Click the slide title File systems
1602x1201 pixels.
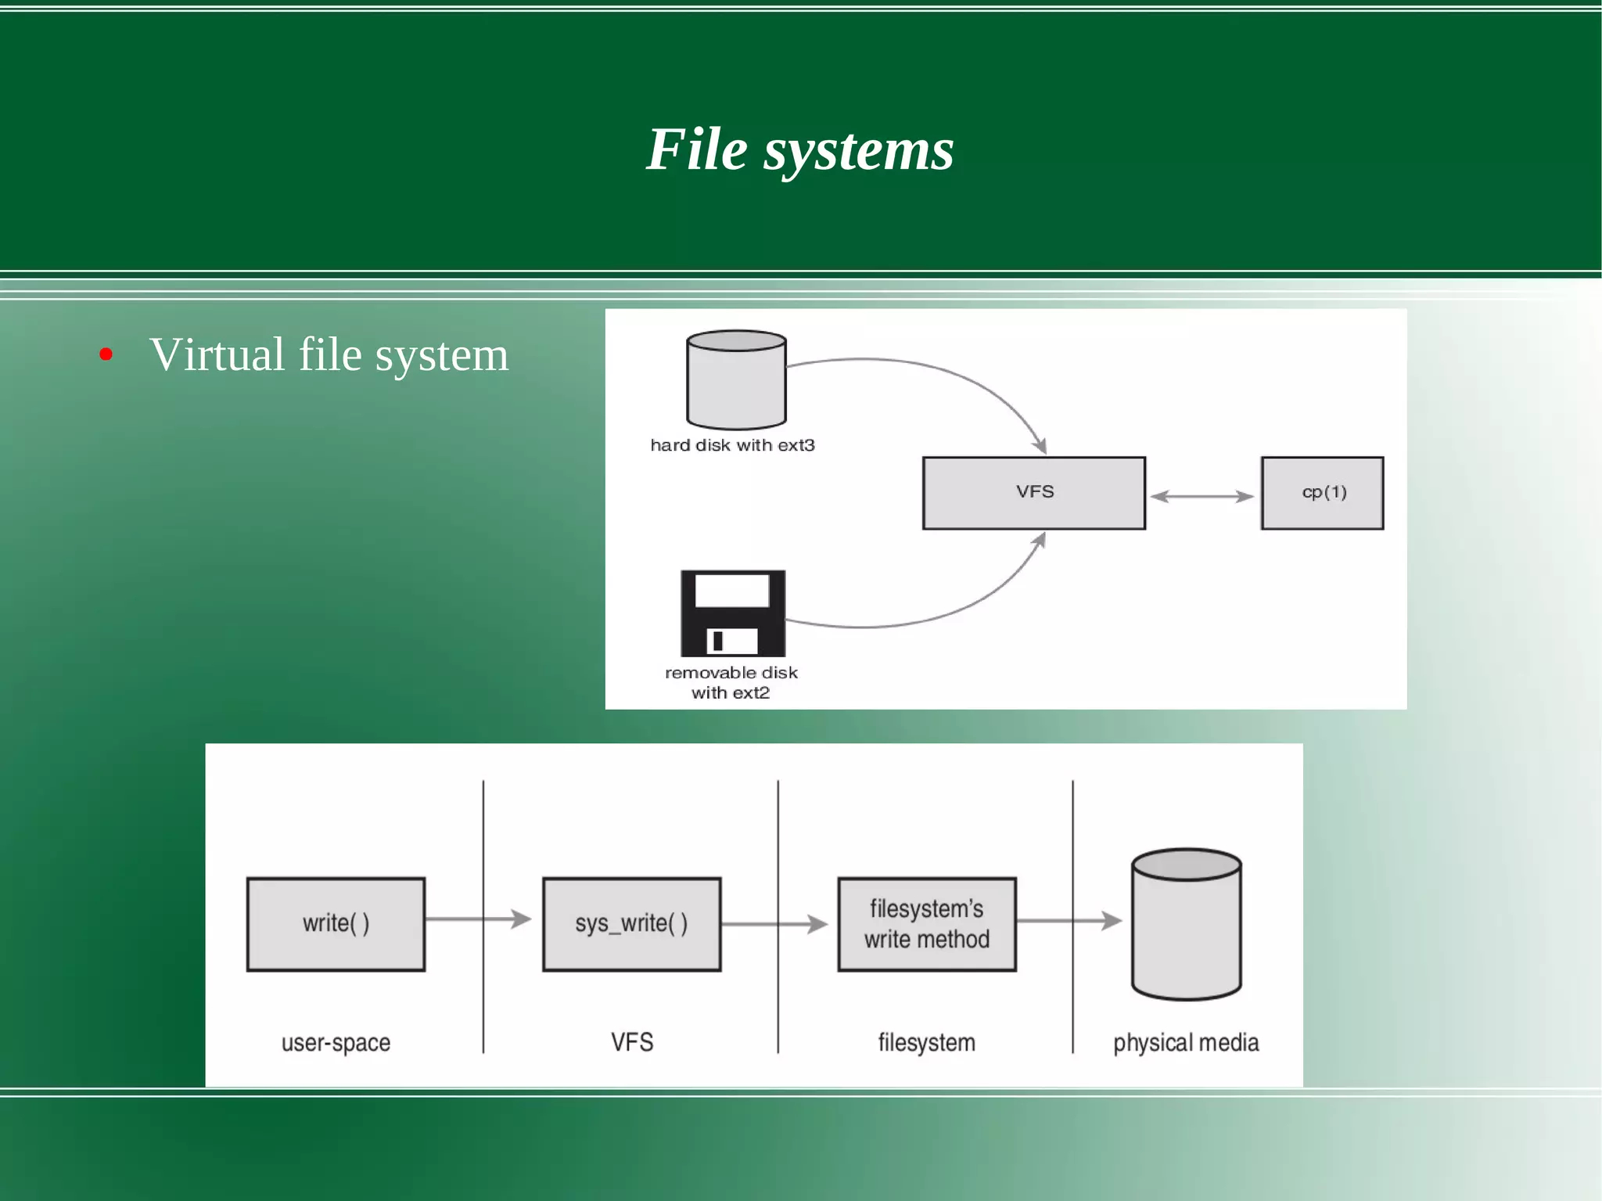[799, 149]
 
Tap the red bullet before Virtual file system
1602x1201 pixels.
[106, 355]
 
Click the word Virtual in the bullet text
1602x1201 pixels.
[217, 355]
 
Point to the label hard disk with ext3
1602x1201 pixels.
[732, 445]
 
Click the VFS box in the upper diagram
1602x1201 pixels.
[1033, 493]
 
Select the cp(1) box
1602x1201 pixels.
[1322, 493]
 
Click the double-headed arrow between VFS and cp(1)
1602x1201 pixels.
[1202, 496]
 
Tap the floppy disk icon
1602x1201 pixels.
[733, 613]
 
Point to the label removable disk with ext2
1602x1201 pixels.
[731, 682]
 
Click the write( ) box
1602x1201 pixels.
[336, 924]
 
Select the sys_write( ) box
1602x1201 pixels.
[631, 924]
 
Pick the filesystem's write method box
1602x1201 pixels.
[926, 924]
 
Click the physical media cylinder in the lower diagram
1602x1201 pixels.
[1186, 925]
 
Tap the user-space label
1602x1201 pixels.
[336, 1043]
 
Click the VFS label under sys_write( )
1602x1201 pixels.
[631, 1042]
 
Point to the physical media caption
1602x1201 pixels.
[1186, 1043]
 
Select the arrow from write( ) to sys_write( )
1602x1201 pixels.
[478, 919]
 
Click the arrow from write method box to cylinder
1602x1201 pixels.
[1069, 921]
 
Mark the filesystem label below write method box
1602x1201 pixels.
[926, 1043]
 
